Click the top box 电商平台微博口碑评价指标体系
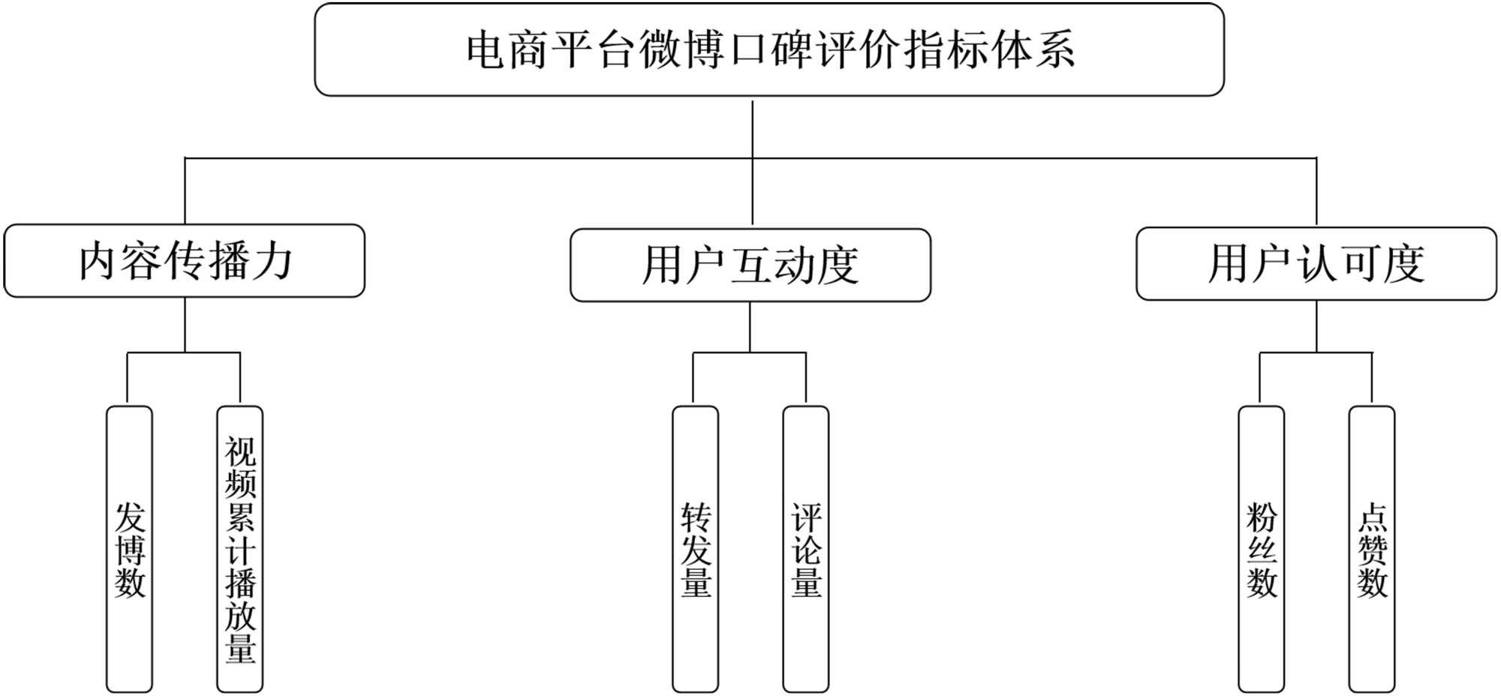click(x=769, y=49)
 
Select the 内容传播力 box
click(x=185, y=260)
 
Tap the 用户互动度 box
click(x=750, y=265)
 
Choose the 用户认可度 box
click(x=1316, y=263)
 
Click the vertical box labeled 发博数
click(x=129, y=549)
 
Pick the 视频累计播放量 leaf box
click(x=239, y=549)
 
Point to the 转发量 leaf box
click(x=695, y=549)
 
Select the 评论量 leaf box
click(x=805, y=549)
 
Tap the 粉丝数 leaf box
click(x=1261, y=549)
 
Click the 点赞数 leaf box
click(x=1371, y=549)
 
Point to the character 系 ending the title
click(x=1054, y=50)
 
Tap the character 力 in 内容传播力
click(x=272, y=260)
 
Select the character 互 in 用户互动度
click(x=750, y=265)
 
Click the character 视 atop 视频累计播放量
click(x=240, y=451)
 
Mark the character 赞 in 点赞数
click(x=1372, y=550)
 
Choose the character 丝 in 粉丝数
click(x=1262, y=550)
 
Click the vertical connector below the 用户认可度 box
click(x=1316, y=326)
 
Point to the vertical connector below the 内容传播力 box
click(x=185, y=324)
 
